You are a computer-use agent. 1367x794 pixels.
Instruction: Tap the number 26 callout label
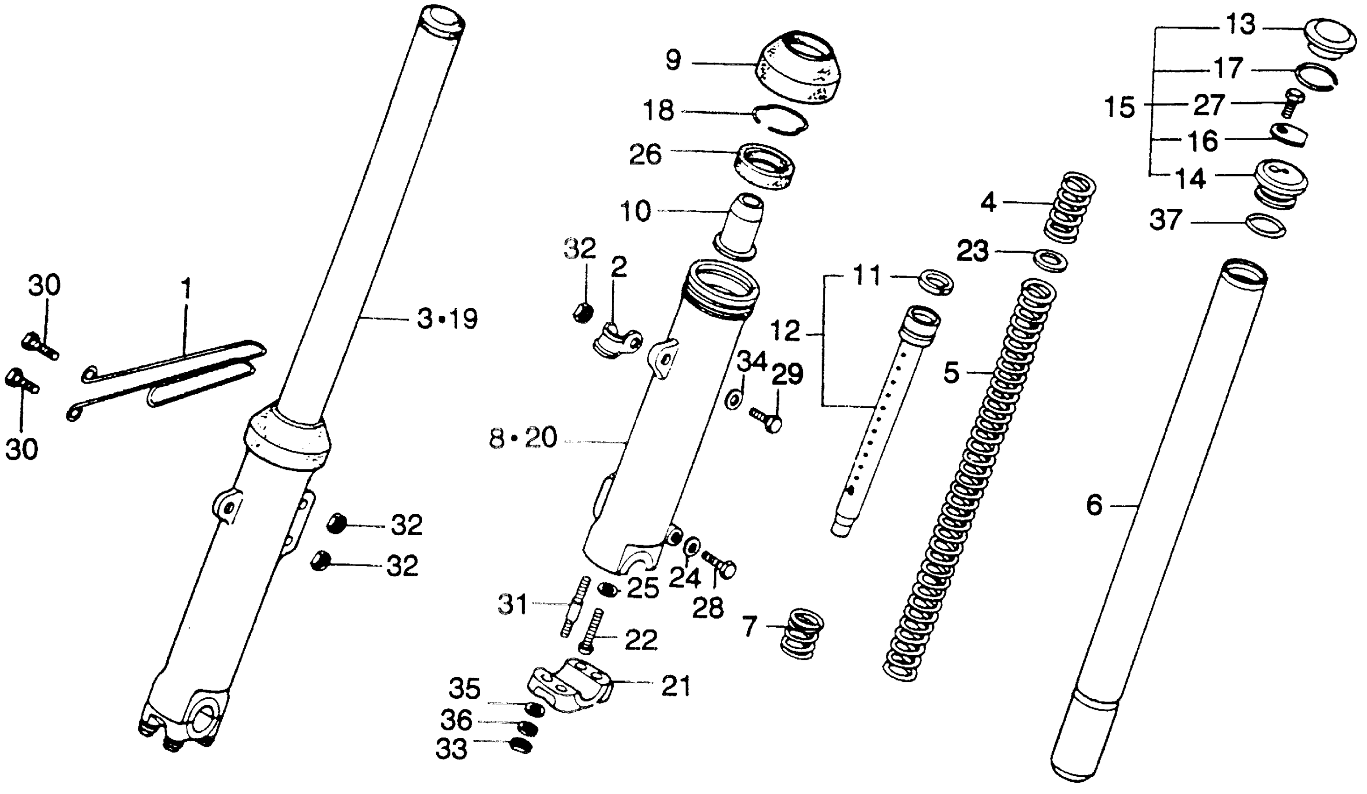coord(645,154)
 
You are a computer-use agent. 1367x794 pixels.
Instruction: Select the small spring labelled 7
coord(801,633)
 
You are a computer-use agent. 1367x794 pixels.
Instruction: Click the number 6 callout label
coord(1094,506)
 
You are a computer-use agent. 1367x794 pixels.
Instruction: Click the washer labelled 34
coord(734,400)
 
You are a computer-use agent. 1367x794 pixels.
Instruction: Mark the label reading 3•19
coord(447,319)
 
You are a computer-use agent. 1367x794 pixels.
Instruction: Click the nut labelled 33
coord(521,746)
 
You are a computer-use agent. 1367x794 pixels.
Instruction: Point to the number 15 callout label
coord(1119,107)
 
